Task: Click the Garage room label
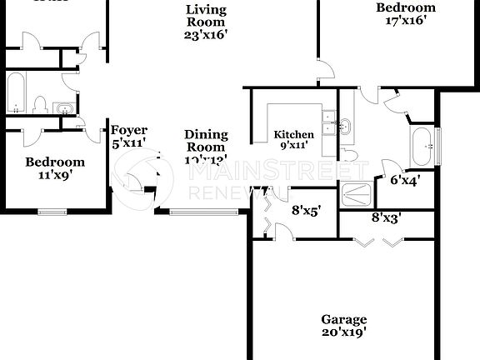344,319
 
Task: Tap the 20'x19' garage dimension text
344,332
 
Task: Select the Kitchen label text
294,134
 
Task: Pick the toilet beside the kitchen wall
352,156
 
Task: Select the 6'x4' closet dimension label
405,177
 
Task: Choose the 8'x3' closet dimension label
386,217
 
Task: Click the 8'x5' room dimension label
306,211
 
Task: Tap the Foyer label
129,130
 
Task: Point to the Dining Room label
205,140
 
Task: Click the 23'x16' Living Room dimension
207,35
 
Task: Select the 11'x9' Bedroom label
55,176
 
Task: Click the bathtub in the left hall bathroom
16,92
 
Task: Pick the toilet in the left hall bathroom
39,104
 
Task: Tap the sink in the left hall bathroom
63,107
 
